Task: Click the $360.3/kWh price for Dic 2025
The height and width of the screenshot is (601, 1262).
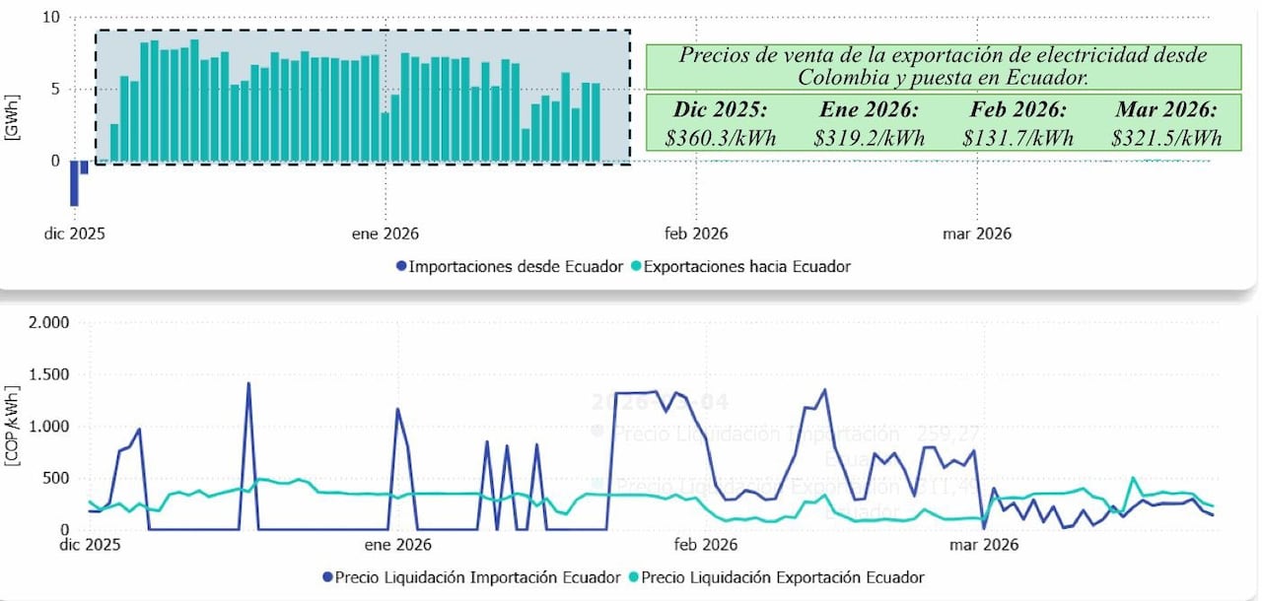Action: tap(721, 138)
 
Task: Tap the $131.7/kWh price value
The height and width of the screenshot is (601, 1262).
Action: tap(1017, 138)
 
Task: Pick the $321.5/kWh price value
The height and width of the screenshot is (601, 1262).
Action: tap(1166, 138)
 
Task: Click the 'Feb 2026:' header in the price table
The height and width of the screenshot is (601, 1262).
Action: tap(1017, 108)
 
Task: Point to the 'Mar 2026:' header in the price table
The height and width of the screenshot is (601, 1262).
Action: tap(1166, 108)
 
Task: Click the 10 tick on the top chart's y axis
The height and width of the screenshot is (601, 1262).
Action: tap(51, 18)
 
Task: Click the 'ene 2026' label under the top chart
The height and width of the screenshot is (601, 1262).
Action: tap(385, 234)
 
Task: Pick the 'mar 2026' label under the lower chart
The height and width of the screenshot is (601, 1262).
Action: tap(983, 543)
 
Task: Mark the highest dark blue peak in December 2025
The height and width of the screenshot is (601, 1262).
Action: tap(248, 383)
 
